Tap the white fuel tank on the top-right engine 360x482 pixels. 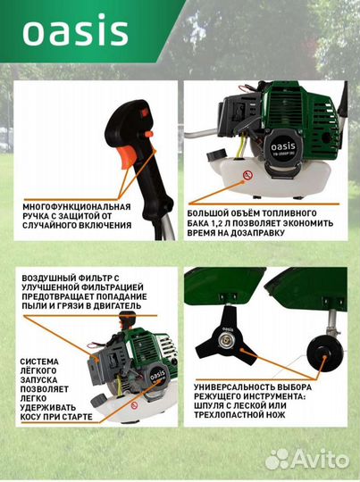[x=267, y=179]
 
